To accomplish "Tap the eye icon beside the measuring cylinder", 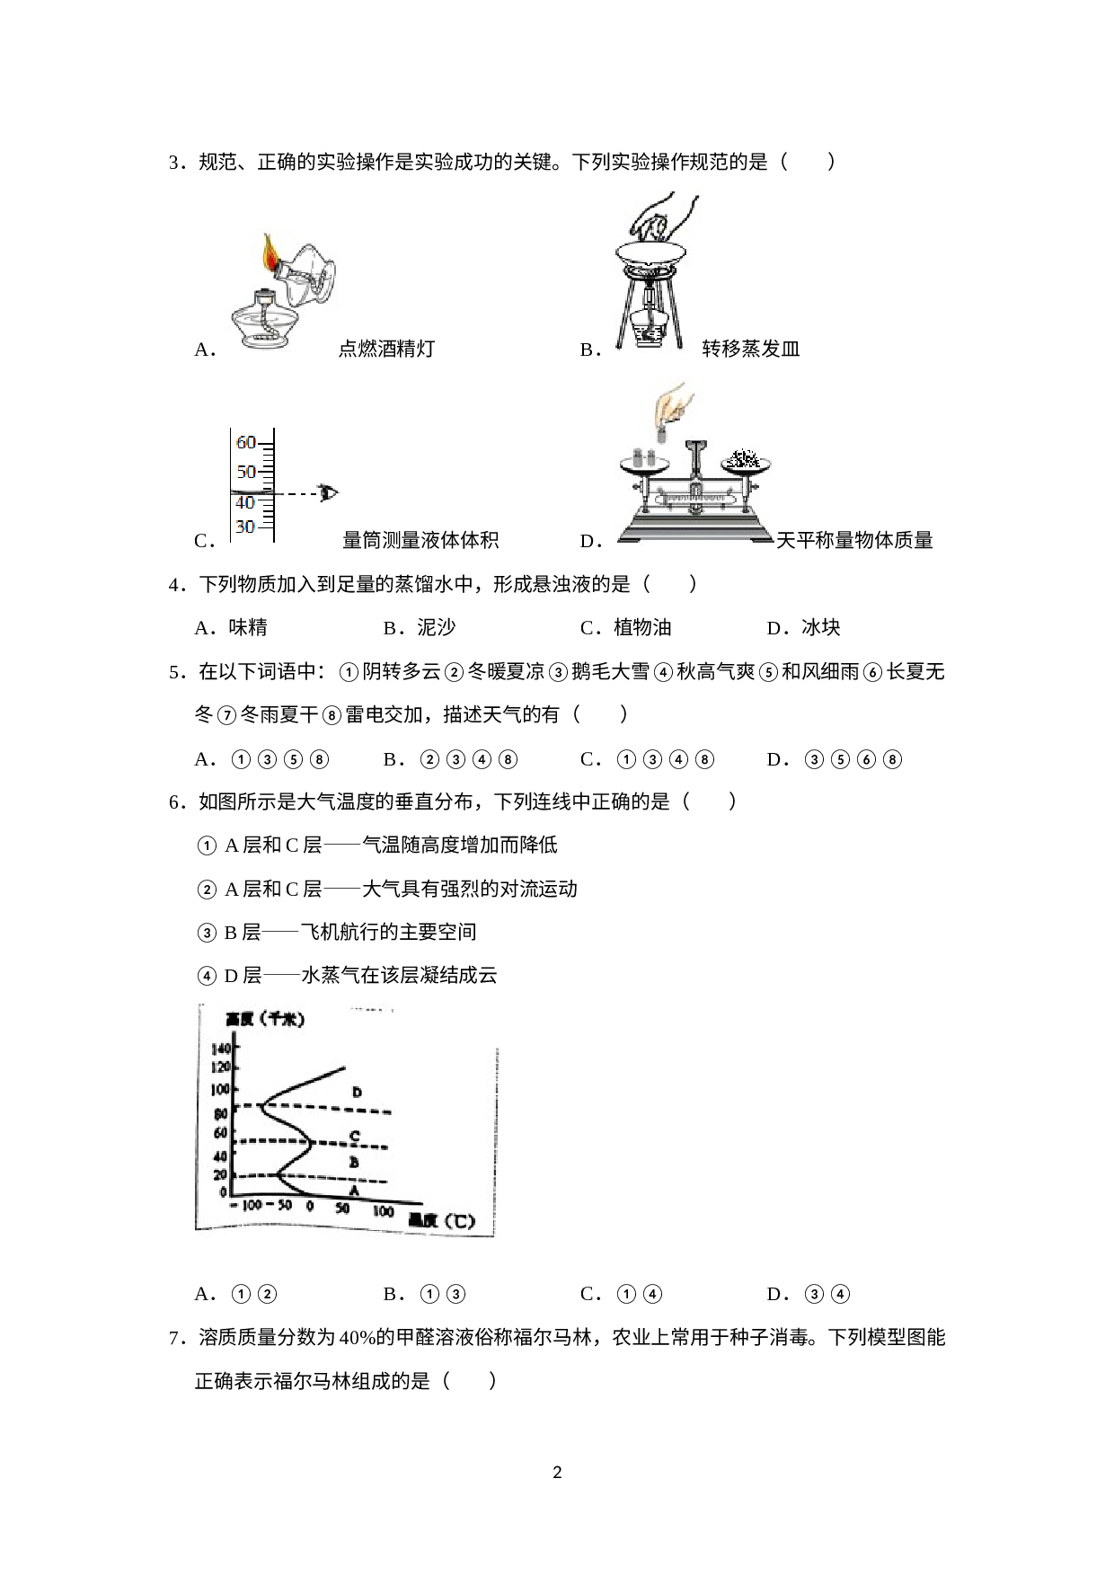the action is click(329, 491).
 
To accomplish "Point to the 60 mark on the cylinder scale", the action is click(246, 442).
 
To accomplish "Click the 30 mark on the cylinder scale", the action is click(245, 527).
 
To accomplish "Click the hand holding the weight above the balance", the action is click(672, 409).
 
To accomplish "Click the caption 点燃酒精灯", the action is click(386, 349).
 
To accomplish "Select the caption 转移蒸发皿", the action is click(751, 349).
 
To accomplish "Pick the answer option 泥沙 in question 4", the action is click(437, 627).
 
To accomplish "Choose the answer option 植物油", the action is click(642, 627).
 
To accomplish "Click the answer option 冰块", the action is click(821, 627).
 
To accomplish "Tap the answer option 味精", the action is click(248, 627).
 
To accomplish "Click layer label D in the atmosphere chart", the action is click(357, 1093).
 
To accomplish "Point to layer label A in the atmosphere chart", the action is click(354, 1191).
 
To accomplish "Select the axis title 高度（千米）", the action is click(266, 1019).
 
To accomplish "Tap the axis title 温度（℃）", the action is click(441, 1221).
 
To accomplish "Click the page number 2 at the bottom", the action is click(557, 1473).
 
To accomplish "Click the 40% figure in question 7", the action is click(358, 1338).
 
